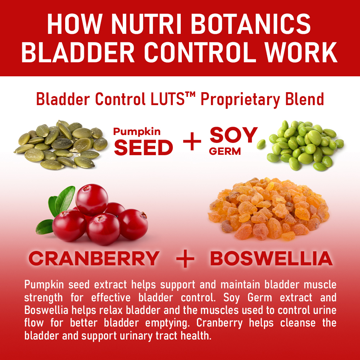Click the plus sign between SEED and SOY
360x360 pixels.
tap(192, 141)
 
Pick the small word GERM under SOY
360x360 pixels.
tap(225, 151)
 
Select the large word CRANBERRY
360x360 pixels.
tap(94, 258)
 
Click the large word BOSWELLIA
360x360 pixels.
tap(271, 258)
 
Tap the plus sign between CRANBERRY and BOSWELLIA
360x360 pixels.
tap(185, 258)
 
